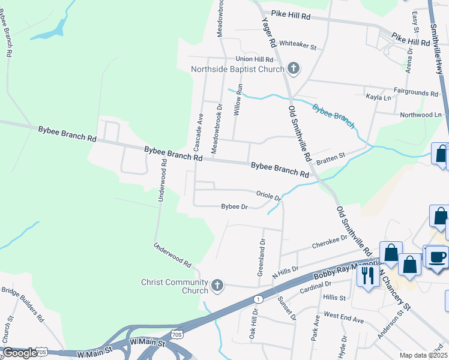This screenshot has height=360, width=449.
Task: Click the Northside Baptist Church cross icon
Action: (x=294, y=68)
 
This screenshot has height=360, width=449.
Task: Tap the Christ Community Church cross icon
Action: (x=217, y=286)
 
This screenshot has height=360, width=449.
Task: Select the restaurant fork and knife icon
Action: (x=366, y=275)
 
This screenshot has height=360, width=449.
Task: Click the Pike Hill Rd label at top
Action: (x=291, y=17)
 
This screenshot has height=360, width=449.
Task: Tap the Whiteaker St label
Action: (x=298, y=45)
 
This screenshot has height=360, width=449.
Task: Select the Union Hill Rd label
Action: (x=255, y=59)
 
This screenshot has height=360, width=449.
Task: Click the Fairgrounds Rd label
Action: (x=417, y=94)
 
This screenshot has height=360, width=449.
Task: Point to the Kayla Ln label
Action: (x=378, y=97)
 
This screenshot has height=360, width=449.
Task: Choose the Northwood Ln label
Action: (x=420, y=115)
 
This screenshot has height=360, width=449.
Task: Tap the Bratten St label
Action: (x=331, y=157)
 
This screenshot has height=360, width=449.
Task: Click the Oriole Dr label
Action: (x=268, y=195)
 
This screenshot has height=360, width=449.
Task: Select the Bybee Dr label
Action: (x=234, y=207)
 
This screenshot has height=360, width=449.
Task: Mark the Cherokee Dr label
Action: (x=330, y=242)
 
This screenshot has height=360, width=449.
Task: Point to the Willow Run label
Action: (x=238, y=99)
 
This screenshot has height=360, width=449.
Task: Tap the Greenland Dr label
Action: (x=261, y=257)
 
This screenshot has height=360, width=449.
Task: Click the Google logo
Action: (x=19, y=353)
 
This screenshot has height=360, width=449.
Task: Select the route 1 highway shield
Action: (x=258, y=299)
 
